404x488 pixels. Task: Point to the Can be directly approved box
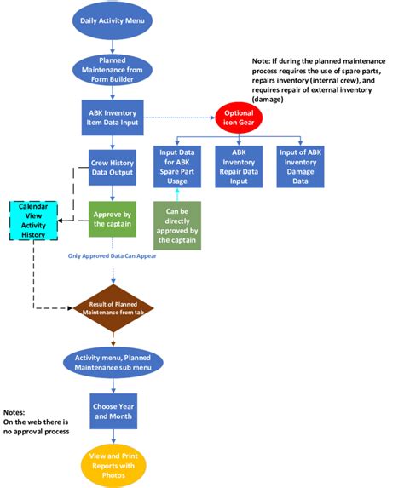tap(177, 225)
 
